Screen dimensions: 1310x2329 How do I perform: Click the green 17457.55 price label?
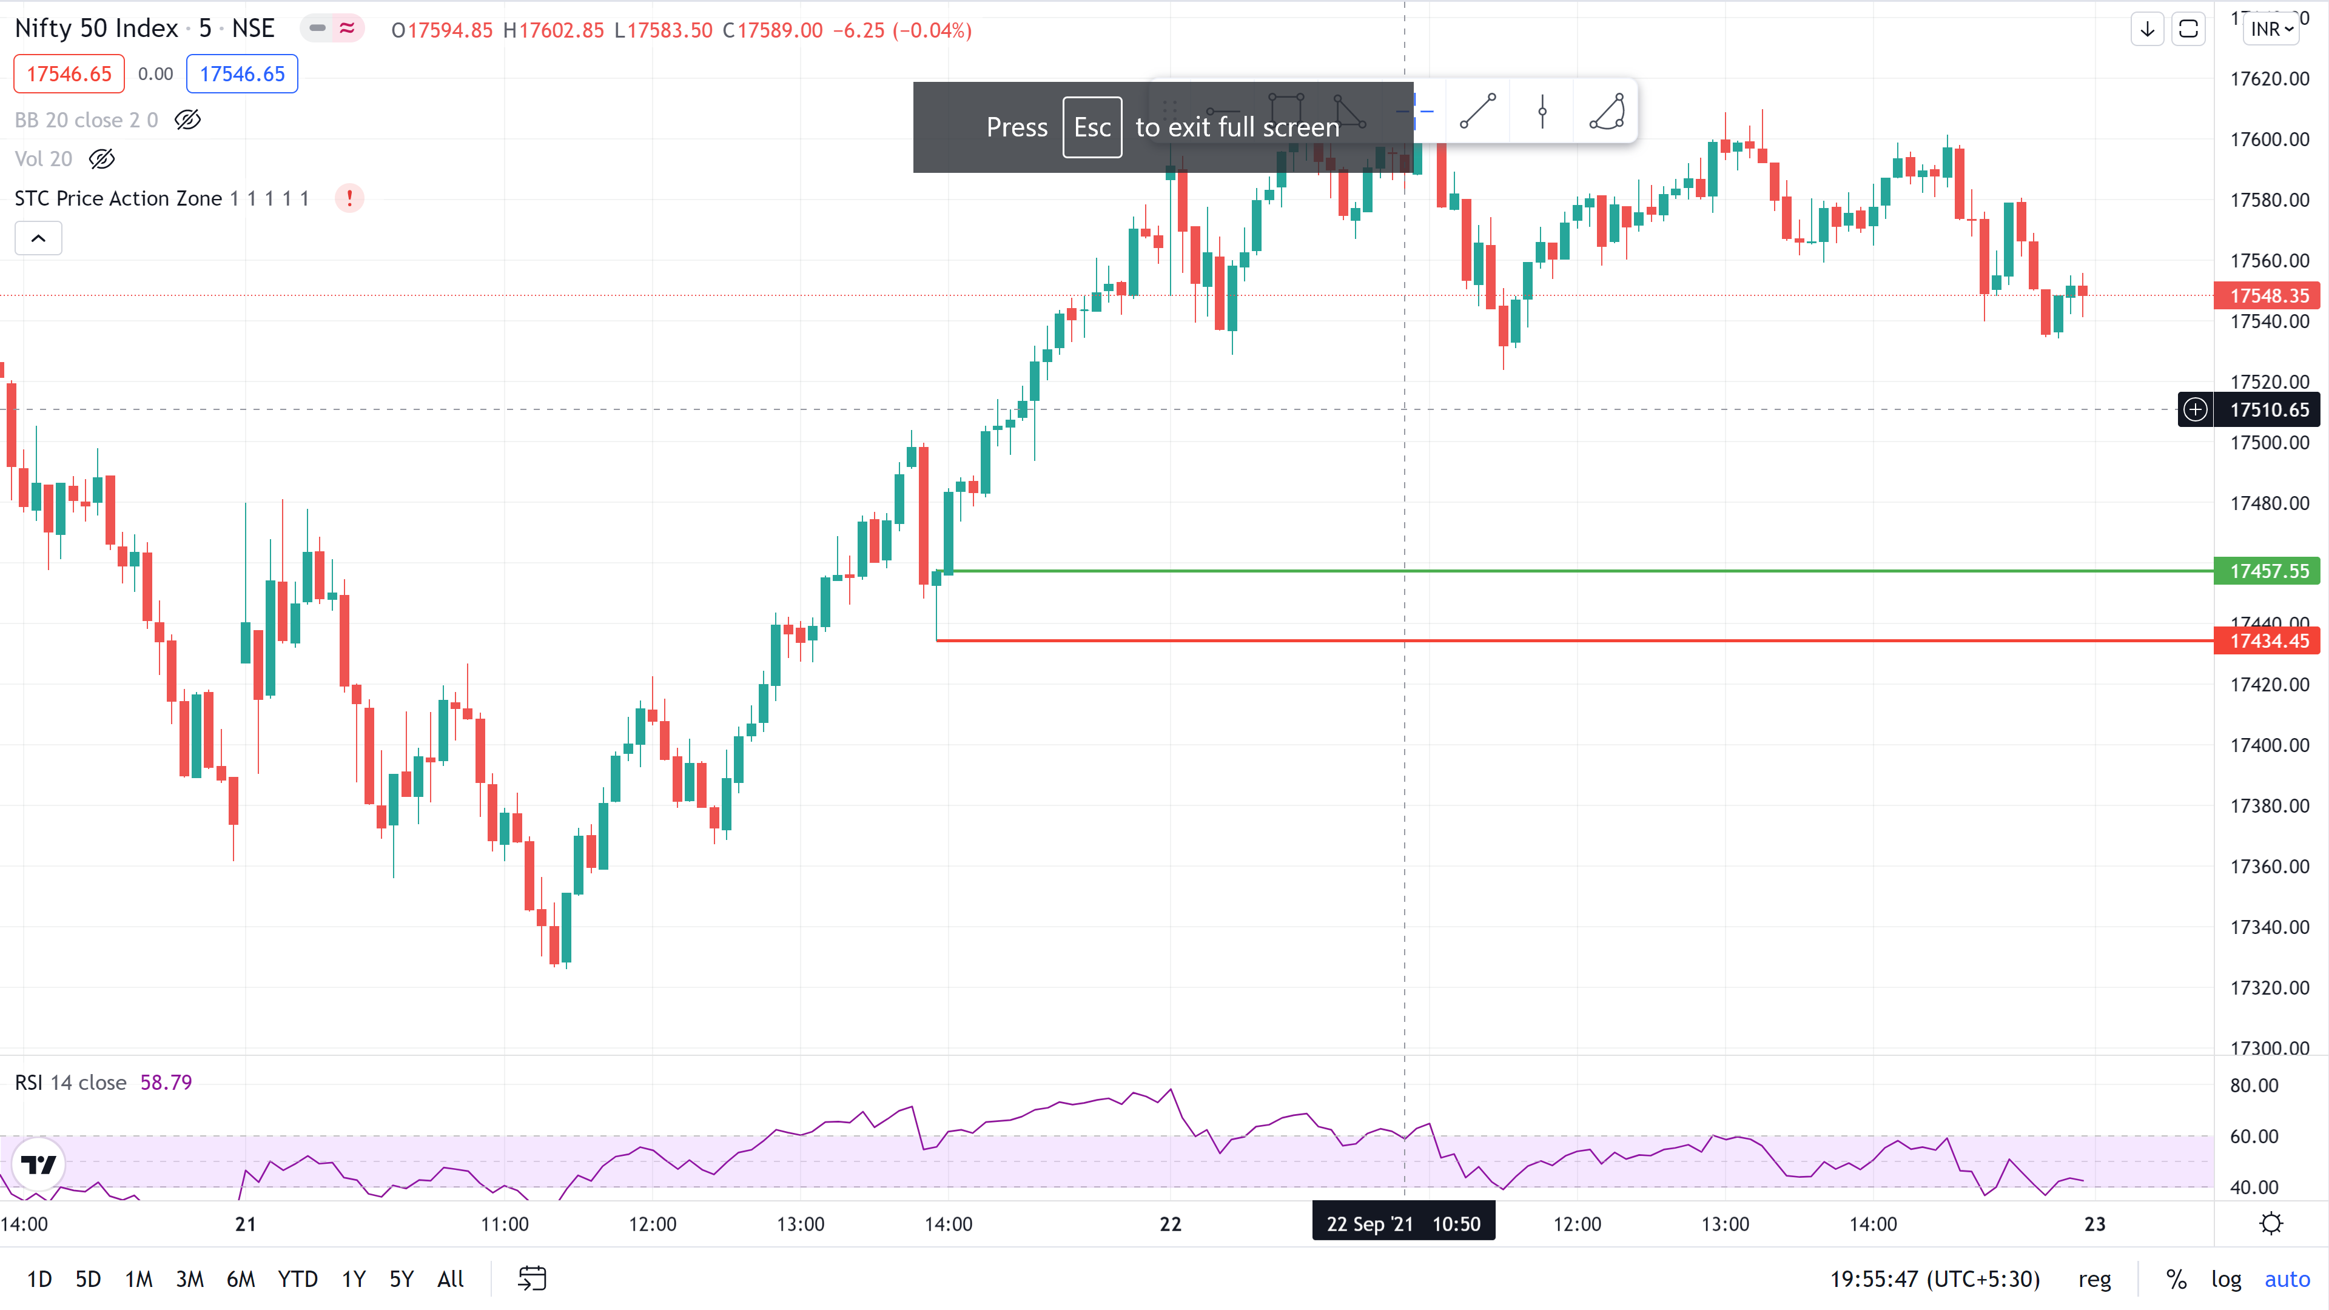pos(2268,571)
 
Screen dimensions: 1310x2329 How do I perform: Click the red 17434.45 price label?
pos(2268,641)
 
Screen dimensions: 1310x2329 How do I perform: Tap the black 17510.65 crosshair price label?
pos(2268,409)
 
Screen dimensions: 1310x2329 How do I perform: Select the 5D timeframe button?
pos(88,1278)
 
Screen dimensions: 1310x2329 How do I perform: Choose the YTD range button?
pos(297,1278)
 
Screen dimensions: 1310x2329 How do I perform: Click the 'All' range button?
pos(450,1278)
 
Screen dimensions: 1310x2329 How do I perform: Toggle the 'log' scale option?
pos(2226,1278)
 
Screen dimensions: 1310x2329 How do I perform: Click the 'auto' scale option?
pos(2287,1278)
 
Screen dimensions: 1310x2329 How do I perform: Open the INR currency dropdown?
pos(2272,29)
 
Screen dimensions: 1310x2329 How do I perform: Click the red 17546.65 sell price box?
pos(69,74)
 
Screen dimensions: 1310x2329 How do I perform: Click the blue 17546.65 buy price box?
pos(241,74)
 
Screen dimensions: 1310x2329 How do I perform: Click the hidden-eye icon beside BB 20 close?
pos(187,119)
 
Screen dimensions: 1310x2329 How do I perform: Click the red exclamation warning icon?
pos(349,198)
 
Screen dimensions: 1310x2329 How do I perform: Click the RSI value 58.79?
pos(166,1082)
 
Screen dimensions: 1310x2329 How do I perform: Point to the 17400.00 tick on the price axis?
pos(2268,745)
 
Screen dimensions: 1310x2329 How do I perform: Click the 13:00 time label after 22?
pos(1724,1224)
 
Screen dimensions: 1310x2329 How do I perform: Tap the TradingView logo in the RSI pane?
pos(38,1164)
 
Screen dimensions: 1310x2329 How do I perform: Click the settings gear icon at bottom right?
pos(2270,1224)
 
